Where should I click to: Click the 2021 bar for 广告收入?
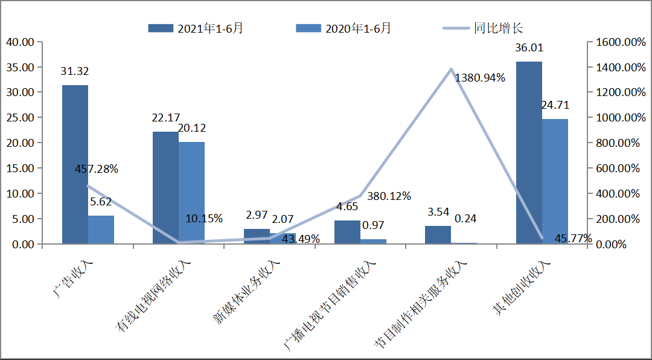[75, 164]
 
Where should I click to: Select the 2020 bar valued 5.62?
[101, 230]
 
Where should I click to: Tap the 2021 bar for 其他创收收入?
[529, 153]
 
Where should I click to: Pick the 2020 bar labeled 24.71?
[555, 181]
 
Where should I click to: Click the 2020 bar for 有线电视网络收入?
[191, 193]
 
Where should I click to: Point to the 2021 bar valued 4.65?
[347, 232]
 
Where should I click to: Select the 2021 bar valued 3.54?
[438, 235]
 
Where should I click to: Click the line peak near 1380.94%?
[451, 69]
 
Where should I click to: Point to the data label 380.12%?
[389, 196]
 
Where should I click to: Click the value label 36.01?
[529, 48]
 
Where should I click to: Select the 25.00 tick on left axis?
[21, 118]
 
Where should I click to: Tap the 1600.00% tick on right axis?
[618, 42]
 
